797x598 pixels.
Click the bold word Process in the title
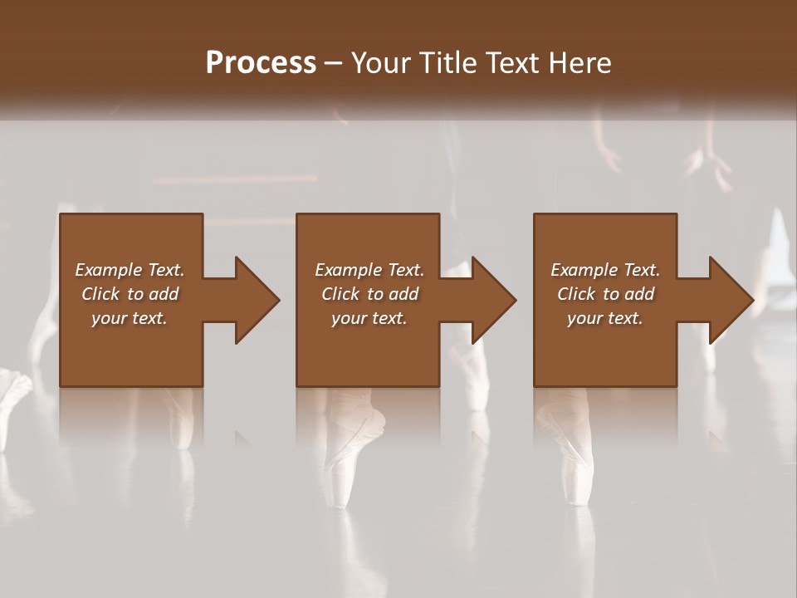tap(261, 62)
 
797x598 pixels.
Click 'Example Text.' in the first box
tap(130, 270)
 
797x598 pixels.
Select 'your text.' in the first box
tap(130, 318)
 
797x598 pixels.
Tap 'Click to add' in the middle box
tap(369, 294)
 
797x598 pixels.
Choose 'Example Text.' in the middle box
tap(369, 270)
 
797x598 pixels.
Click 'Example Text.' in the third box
tap(605, 270)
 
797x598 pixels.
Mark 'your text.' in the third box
tap(605, 318)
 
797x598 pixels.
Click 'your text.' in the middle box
tap(369, 318)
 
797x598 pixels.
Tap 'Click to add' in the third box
tap(605, 294)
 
